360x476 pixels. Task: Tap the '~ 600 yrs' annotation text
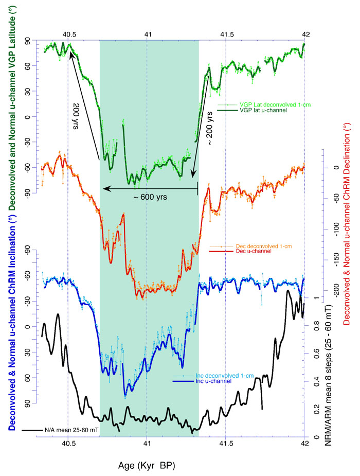(x=147, y=197)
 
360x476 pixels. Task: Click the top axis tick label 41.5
(x=227, y=34)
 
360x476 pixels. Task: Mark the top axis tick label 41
(x=147, y=34)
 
